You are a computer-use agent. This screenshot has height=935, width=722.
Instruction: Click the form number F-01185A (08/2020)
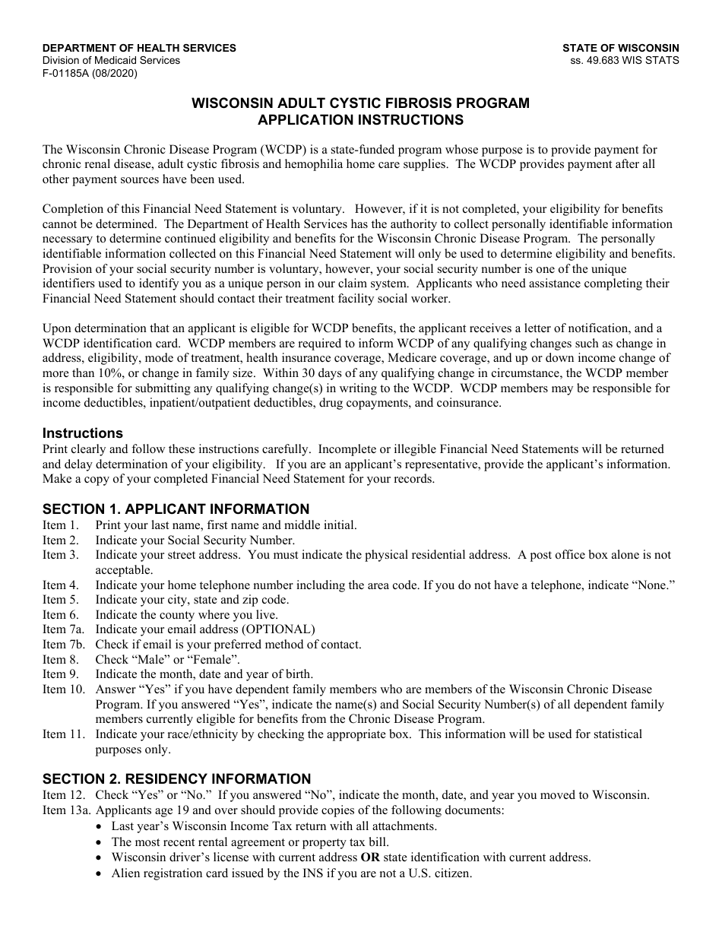coord(90,74)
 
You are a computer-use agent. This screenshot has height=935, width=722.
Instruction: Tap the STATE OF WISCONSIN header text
coord(620,48)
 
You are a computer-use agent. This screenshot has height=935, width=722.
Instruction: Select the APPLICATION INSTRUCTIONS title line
coord(360,119)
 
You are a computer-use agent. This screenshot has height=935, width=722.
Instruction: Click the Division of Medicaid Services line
coord(111,61)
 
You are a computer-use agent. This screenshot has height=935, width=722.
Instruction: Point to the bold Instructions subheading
coord(82,433)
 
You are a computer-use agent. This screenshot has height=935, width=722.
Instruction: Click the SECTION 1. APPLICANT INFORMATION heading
coord(176,509)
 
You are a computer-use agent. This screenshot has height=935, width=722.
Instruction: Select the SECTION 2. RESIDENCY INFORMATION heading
coord(176,779)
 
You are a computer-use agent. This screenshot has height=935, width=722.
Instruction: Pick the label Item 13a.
coord(66,810)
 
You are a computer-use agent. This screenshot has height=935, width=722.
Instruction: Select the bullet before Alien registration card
coord(103,874)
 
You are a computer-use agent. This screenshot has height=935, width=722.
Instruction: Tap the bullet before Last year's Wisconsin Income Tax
coord(103,826)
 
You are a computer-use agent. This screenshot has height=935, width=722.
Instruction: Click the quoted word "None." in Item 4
coord(656,585)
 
